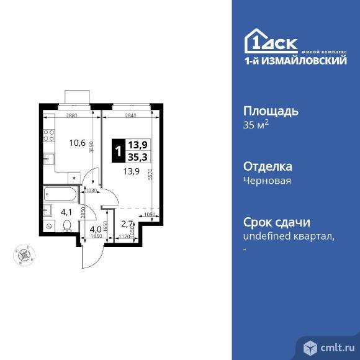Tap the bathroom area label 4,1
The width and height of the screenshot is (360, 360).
[65, 212]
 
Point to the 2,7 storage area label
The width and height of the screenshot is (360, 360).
[127, 224]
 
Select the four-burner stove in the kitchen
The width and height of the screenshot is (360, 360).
[48, 132]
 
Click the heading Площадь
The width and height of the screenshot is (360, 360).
[271, 112]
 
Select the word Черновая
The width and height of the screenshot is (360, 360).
[267, 181]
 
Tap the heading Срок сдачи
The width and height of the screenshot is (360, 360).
[277, 222]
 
